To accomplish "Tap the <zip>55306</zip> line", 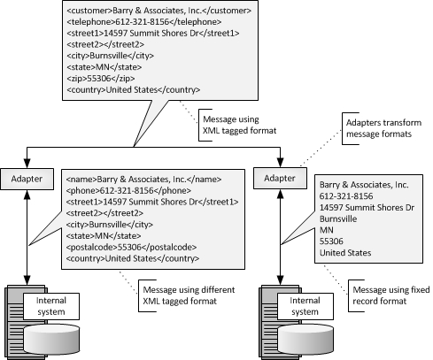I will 99,77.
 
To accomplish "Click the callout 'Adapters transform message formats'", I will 378,134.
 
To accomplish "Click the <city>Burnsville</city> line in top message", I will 106,50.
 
